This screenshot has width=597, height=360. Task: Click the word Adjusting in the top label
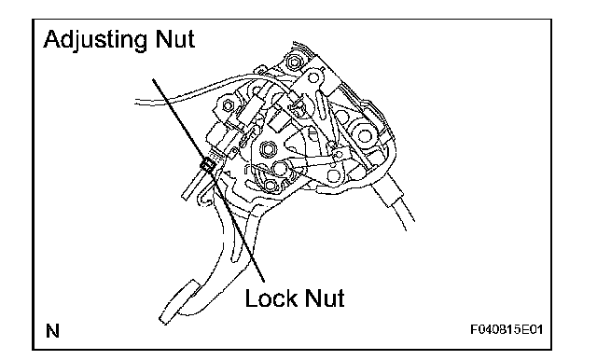[95, 39]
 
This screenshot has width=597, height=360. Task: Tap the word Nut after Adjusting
[175, 39]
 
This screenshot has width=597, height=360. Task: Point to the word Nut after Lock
[324, 298]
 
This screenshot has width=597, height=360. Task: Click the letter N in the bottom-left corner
[52, 331]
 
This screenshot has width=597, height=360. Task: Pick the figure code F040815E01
[507, 329]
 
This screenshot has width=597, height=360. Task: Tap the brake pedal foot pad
[178, 302]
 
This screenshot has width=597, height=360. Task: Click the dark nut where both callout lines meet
[207, 165]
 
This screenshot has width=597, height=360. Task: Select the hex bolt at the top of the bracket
[293, 61]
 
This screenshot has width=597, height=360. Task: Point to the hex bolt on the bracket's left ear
[228, 105]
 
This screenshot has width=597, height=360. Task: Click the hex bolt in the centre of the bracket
[269, 149]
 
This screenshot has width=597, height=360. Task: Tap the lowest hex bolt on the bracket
[271, 186]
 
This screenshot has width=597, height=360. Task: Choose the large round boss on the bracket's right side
[364, 135]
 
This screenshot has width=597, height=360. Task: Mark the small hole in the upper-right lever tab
[313, 78]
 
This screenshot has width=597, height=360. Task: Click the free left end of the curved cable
[136, 102]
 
